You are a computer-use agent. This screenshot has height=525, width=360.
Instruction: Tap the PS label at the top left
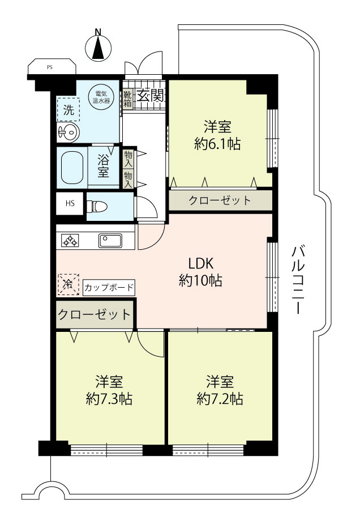49,67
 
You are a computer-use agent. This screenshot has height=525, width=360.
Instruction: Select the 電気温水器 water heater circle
101,97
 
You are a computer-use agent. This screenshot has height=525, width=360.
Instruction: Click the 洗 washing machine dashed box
68,109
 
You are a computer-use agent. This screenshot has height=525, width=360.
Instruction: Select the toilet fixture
97,207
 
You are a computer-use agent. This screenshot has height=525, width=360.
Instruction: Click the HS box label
70,203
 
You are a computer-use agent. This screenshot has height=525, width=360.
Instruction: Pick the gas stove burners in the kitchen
70,240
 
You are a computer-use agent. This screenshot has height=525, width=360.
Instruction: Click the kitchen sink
110,240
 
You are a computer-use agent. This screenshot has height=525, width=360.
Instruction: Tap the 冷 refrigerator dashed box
68,284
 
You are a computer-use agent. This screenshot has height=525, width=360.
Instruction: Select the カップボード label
109,288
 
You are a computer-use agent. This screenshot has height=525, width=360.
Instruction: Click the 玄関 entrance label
149,96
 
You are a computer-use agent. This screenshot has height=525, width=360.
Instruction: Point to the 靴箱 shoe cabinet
128,98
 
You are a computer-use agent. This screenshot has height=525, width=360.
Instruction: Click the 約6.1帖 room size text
217,144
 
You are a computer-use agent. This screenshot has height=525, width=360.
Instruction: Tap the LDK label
201,264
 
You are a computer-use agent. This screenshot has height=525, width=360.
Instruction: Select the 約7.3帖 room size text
109,399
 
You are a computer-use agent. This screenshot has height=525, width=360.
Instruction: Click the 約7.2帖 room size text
220,399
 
